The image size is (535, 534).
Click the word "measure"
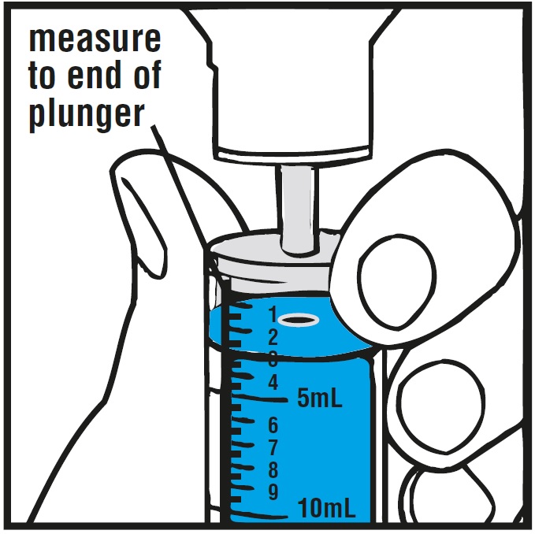pos(95,40)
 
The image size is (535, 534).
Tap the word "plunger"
pos(87,115)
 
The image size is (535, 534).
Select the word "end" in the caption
pos(95,75)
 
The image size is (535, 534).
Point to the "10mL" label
pos(326,507)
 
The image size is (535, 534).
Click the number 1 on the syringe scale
pos(273,314)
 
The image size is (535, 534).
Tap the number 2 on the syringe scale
pos(273,338)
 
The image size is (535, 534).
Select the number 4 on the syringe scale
pos(273,382)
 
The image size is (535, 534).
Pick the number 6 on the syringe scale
pos(273,425)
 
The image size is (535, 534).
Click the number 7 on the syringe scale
pos(273,447)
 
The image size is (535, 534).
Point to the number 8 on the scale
pos(273,470)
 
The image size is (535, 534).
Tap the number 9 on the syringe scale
pos(273,492)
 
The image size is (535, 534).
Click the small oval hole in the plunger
pos(299,321)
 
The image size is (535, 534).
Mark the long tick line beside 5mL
pos(259,398)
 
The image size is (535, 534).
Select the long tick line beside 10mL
pos(259,514)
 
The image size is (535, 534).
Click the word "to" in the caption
pos(41,76)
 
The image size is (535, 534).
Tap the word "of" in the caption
pos(147,75)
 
